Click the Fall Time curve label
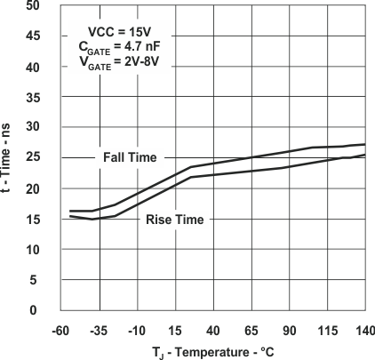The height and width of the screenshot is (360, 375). pyautogui.click(x=129, y=157)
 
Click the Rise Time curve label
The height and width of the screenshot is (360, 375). pyautogui.click(x=175, y=220)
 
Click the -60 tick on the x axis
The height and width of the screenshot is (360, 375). pyautogui.click(x=61, y=331)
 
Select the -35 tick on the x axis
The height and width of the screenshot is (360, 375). pyautogui.click(x=99, y=331)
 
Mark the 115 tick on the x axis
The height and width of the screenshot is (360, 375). pyautogui.click(x=326, y=331)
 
